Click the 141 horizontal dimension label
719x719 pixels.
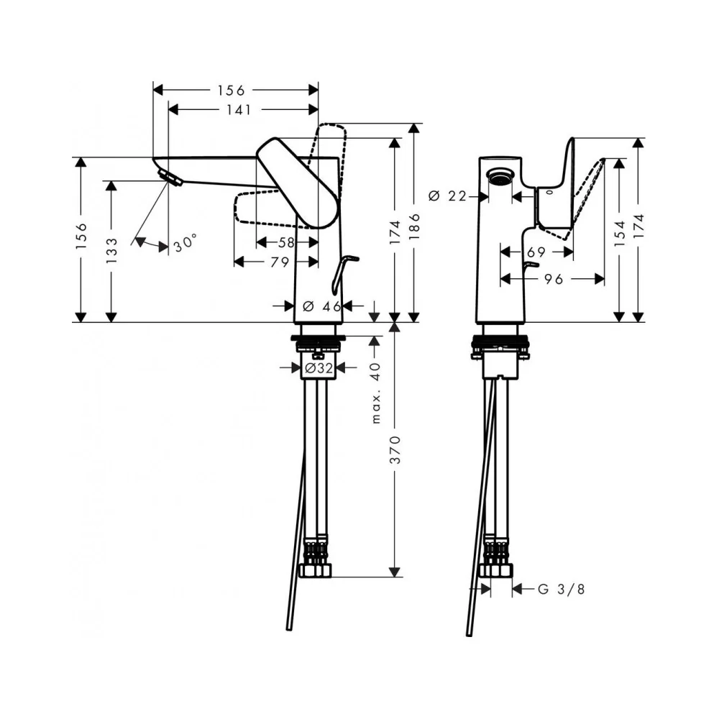239,110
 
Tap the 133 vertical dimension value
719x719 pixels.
111,250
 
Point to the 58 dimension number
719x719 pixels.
286,242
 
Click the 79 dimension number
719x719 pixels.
280,262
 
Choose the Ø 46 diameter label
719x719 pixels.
322,306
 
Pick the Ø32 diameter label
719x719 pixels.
319,367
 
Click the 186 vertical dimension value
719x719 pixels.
414,226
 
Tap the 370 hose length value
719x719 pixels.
395,450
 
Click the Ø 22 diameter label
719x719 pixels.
447,196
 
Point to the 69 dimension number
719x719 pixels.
536,252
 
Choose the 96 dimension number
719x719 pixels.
554,279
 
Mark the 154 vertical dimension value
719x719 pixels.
620,233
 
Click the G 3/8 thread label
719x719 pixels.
562,589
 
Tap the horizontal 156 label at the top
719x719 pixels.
231,91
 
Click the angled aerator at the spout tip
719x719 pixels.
169,177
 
